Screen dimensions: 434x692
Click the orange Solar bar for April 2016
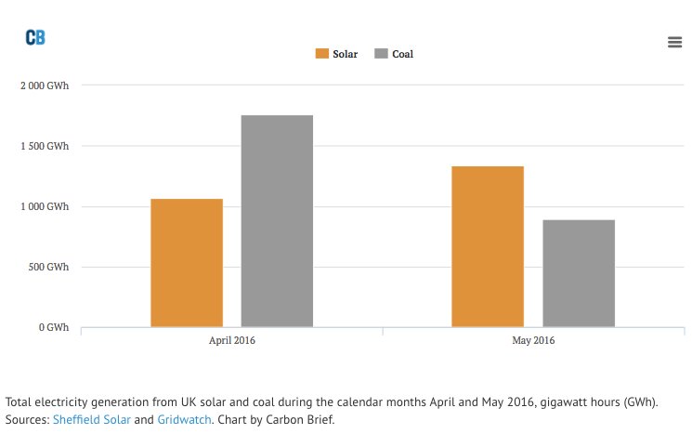[x=187, y=263]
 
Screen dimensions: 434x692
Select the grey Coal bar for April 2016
[x=277, y=221]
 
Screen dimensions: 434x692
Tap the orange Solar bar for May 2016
[x=488, y=246]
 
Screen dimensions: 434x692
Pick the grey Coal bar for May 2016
[x=579, y=273]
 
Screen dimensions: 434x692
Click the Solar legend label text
[x=345, y=54]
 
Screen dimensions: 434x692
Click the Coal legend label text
[x=402, y=54]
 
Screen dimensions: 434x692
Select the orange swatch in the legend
[x=322, y=54]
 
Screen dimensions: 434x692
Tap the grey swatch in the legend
[x=381, y=54]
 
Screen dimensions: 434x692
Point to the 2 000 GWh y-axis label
[x=45, y=85]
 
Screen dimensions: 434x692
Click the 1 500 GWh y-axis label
[x=45, y=146]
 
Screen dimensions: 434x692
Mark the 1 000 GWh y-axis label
[x=45, y=206]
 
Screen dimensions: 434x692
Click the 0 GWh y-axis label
[x=53, y=327]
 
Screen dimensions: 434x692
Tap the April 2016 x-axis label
[x=232, y=341]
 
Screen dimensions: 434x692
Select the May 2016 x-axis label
[x=533, y=341]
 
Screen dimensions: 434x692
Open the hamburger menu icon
[x=675, y=42]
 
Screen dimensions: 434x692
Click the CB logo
[x=35, y=37]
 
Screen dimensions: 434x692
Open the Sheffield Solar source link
[x=91, y=419]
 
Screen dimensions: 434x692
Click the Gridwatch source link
[x=184, y=419]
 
